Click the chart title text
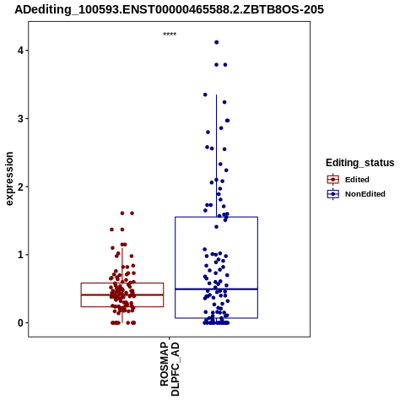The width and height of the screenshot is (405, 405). pyautogui.click(x=169, y=10)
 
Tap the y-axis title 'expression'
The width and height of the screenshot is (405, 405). pyautogui.click(x=9, y=179)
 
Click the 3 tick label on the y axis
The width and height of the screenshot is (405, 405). pyautogui.click(x=21, y=119)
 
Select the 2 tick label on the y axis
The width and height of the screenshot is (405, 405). pyautogui.click(x=21, y=186)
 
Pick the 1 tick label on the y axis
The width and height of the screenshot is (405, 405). pyautogui.click(x=21, y=255)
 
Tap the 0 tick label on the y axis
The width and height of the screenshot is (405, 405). pyautogui.click(x=21, y=323)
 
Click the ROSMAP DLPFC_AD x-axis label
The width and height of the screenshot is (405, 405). pyautogui.click(x=170, y=369)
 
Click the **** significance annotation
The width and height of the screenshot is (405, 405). pyautogui.click(x=170, y=34)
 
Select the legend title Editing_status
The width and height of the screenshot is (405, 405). pyautogui.click(x=360, y=163)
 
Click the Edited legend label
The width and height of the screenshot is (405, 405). pyautogui.click(x=357, y=180)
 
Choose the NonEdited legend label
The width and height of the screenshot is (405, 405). pyautogui.click(x=365, y=194)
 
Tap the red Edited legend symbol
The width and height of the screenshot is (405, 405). pyautogui.click(x=333, y=180)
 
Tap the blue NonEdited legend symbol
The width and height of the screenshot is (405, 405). pyautogui.click(x=333, y=194)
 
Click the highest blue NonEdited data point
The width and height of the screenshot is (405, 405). pyautogui.click(x=217, y=42)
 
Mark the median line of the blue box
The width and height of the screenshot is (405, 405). pyautogui.click(x=216, y=289)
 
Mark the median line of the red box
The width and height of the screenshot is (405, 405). pyautogui.click(x=122, y=294)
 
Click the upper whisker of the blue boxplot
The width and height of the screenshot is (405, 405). pyautogui.click(x=216, y=156)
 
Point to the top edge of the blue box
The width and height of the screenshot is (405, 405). pyautogui.click(x=216, y=217)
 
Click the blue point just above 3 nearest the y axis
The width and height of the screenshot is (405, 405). pyautogui.click(x=205, y=94)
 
